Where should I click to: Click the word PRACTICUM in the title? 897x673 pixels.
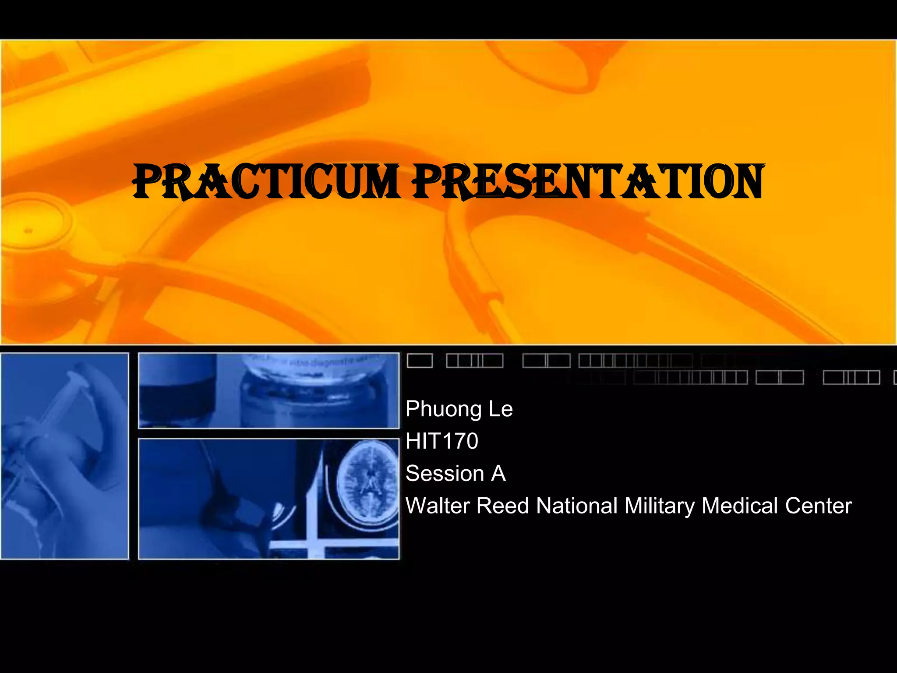pyautogui.click(x=266, y=181)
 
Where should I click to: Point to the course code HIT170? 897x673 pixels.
pyautogui.click(x=442, y=441)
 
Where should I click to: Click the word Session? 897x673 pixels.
pyautogui.click(x=445, y=473)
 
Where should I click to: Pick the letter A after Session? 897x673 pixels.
pyautogui.click(x=498, y=473)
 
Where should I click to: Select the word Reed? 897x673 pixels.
pyautogui.click(x=503, y=506)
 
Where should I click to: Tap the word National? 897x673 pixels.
pyautogui.click(x=577, y=506)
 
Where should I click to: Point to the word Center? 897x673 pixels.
pyautogui.click(x=818, y=506)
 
